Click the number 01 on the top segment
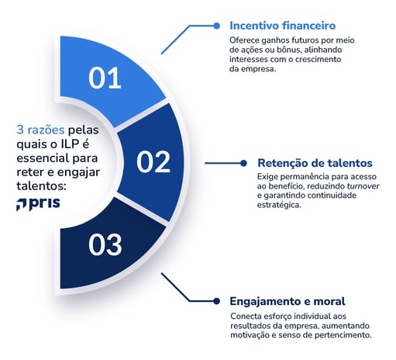[x=105, y=78]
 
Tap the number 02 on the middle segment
[x=153, y=161]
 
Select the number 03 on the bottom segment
[x=105, y=244]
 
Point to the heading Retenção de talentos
[x=315, y=163]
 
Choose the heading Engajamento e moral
[x=288, y=300]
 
